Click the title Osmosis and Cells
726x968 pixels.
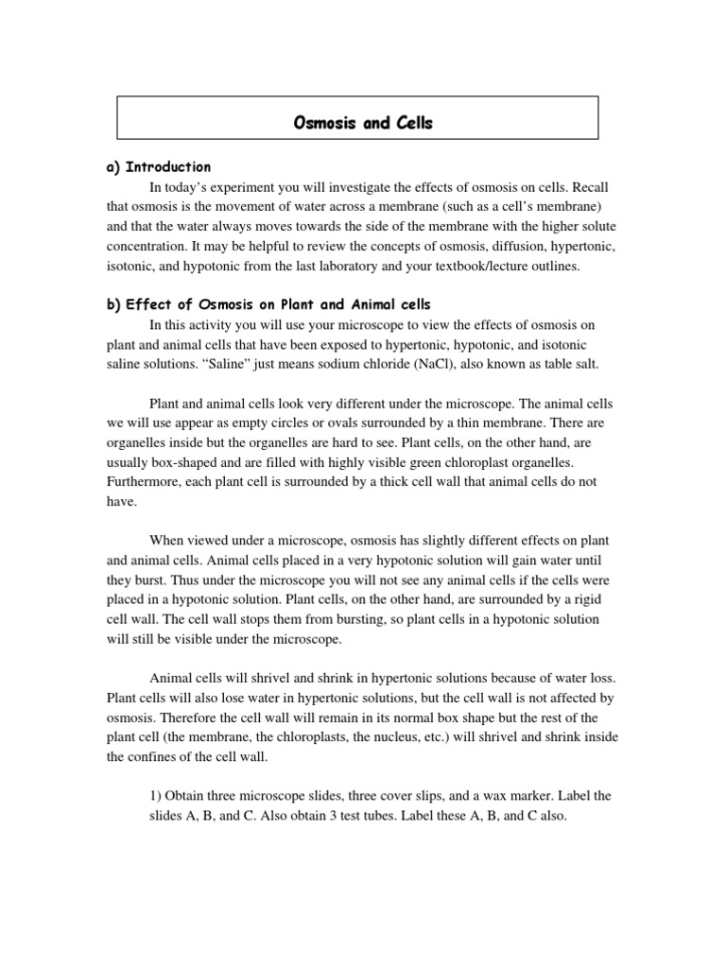358,123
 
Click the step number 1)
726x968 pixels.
157,796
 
